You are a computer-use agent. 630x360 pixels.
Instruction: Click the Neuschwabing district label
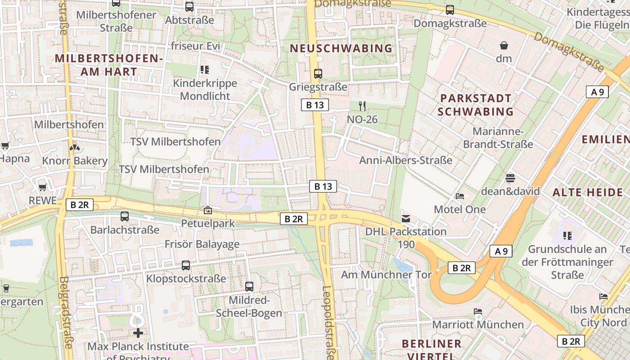(x=341, y=48)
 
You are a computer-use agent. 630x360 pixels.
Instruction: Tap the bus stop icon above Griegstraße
(x=318, y=73)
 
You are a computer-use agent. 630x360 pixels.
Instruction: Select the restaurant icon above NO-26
(x=362, y=106)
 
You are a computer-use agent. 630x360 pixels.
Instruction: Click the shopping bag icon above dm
(x=504, y=45)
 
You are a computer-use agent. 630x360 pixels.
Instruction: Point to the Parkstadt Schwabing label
(x=476, y=105)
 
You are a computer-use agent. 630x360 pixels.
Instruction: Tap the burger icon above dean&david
(x=510, y=178)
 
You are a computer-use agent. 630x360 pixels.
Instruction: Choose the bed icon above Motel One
(x=459, y=196)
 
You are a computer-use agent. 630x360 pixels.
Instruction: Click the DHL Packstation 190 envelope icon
(x=406, y=219)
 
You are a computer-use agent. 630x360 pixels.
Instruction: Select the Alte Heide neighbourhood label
(x=588, y=193)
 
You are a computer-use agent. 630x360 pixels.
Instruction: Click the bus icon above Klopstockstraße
(x=186, y=265)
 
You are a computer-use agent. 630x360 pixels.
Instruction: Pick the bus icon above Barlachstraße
(x=125, y=216)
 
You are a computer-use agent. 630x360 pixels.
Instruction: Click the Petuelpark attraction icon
(x=208, y=210)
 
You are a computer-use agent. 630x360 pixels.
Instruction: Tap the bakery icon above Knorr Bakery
(x=75, y=147)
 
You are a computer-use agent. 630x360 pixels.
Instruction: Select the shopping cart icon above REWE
(x=42, y=187)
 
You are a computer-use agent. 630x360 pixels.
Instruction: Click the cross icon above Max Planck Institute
(x=138, y=333)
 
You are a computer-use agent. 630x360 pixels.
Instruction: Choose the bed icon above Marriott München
(x=477, y=311)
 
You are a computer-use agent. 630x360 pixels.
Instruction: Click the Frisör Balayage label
(x=202, y=244)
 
